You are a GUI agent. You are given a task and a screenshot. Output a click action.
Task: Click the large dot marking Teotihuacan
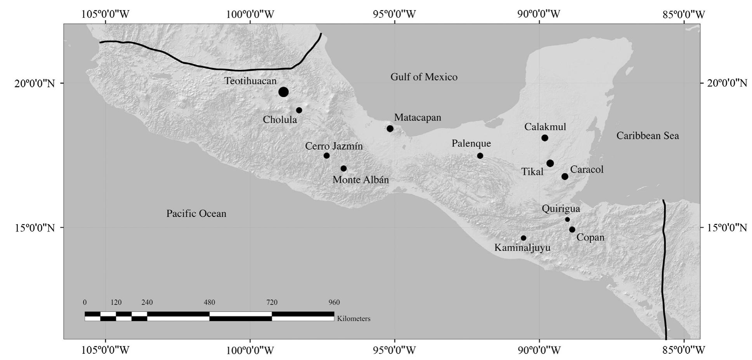(283, 92)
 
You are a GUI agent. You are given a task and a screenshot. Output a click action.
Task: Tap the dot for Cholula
(299, 110)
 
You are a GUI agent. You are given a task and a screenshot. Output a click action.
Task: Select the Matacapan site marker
(390, 128)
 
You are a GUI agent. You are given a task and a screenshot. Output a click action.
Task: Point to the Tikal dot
(550, 163)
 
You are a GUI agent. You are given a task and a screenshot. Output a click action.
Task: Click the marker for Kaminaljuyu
(523, 238)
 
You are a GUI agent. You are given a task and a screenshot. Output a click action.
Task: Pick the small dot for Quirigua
(567, 219)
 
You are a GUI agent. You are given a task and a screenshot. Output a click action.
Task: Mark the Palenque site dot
(480, 156)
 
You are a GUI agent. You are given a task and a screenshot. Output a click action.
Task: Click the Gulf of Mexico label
(424, 77)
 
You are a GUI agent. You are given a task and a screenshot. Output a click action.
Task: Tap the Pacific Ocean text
(196, 213)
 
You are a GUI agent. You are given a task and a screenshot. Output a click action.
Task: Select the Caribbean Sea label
(648, 136)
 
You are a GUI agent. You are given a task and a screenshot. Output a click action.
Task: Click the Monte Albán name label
(360, 180)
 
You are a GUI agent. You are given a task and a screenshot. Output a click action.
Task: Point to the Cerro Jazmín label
(334, 146)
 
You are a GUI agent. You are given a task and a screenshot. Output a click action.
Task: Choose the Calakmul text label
(545, 127)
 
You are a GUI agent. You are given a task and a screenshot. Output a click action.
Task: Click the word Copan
(590, 237)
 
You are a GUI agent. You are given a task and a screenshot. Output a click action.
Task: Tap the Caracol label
(587, 170)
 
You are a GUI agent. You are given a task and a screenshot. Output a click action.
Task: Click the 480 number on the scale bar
(209, 303)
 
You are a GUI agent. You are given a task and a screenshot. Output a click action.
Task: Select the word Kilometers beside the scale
(353, 319)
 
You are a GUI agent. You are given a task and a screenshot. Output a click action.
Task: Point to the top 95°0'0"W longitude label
(394, 14)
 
